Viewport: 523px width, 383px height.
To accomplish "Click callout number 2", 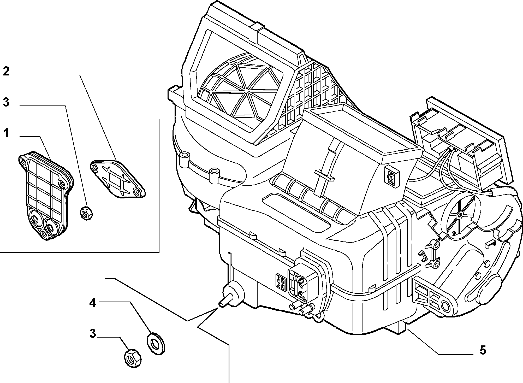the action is tap(6, 71).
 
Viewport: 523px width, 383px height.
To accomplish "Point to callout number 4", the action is tap(93, 303).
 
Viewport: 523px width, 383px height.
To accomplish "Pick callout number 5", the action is tap(483, 350).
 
